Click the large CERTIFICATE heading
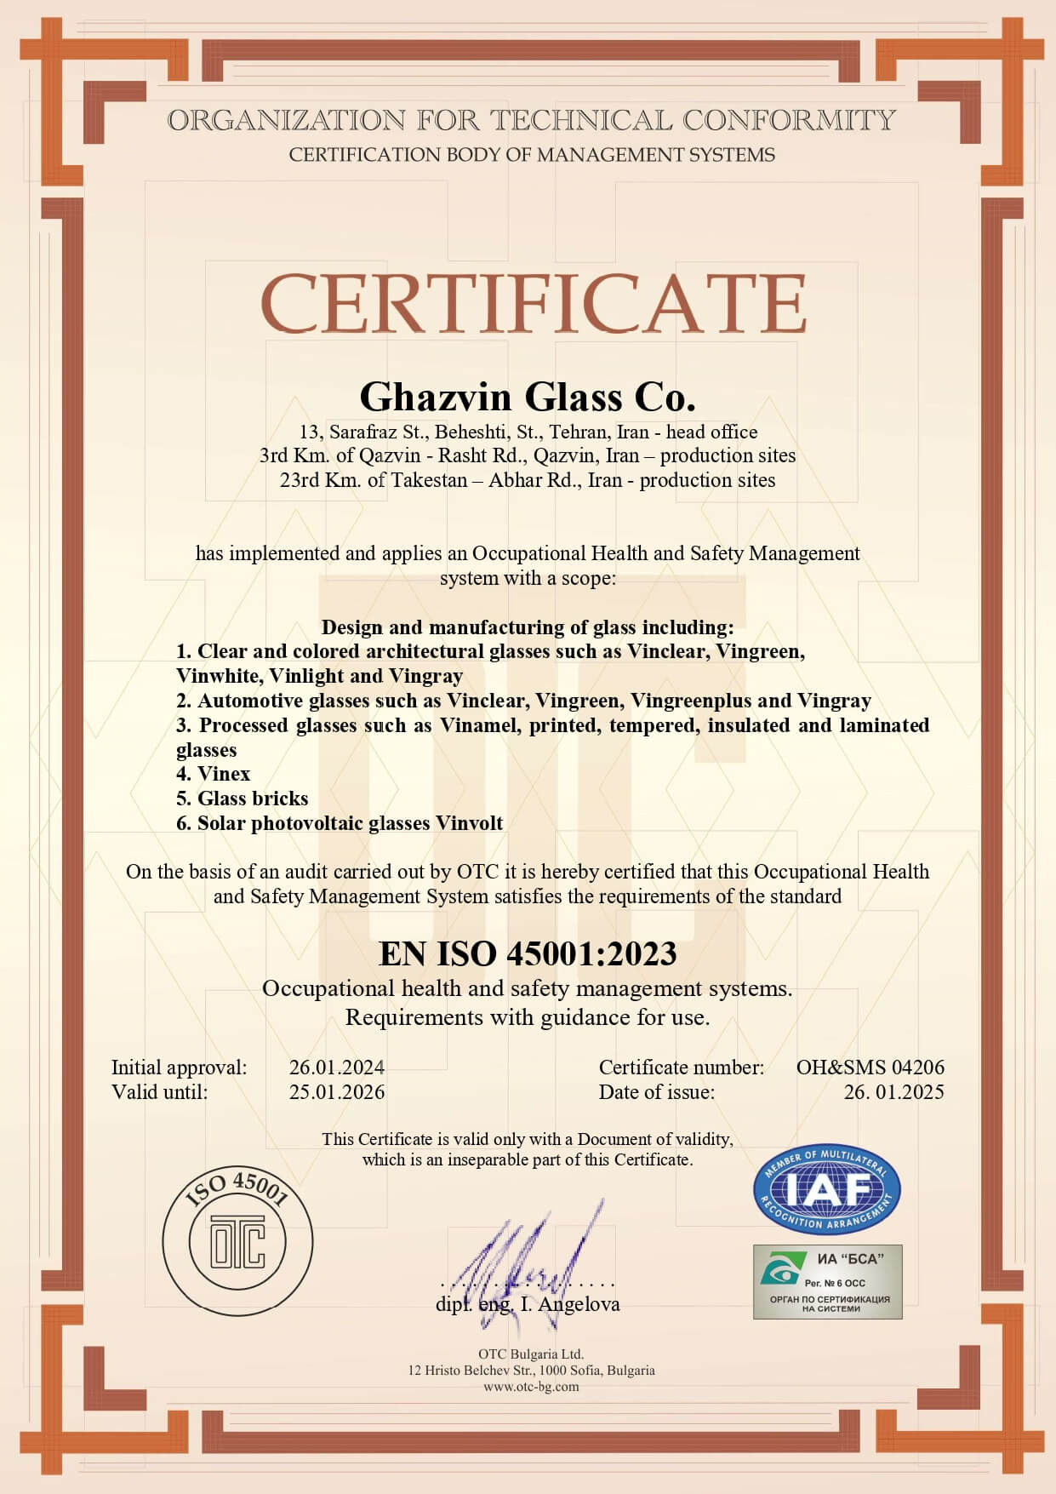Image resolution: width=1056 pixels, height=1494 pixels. click(x=533, y=304)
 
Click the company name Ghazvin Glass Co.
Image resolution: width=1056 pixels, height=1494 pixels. click(x=528, y=397)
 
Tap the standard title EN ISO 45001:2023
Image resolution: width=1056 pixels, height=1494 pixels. click(x=528, y=953)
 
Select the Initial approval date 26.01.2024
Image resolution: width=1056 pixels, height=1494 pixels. click(x=336, y=1068)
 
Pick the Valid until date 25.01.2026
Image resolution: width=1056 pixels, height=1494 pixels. click(x=336, y=1092)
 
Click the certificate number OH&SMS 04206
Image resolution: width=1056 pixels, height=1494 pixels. click(x=870, y=1068)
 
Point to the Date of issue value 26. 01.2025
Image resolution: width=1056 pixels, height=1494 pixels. click(x=893, y=1092)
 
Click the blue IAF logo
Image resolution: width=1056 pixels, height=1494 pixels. click(x=826, y=1189)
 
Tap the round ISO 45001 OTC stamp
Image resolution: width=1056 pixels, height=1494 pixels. click(x=237, y=1239)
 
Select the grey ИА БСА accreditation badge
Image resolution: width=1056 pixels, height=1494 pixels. click(x=827, y=1281)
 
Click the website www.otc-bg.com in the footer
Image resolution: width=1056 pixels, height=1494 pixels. click(x=531, y=1387)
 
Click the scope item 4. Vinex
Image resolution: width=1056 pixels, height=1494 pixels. click(x=214, y=774)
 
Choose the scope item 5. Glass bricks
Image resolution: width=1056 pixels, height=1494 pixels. click(x=243, y=799)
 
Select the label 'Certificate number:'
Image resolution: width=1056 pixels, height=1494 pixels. click(x=682, y=1068)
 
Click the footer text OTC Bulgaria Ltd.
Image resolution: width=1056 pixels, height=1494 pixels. click(x=531, y=1354)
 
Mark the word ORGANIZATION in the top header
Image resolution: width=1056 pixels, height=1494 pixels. click(x=286, y=120)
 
